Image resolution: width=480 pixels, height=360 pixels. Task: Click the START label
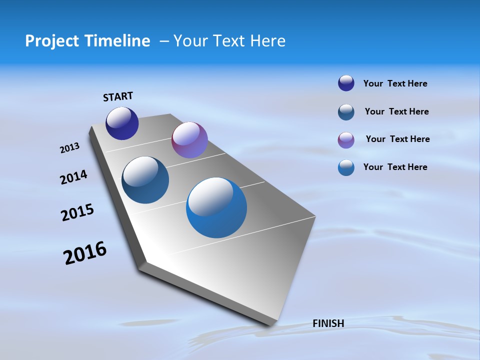click(x=118, y=96)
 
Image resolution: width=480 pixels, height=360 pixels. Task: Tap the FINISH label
click(x=328, y=323)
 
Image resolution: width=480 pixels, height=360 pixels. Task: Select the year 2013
click(x=69, y=148)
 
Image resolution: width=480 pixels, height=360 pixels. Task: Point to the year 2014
click(x=73, y=177)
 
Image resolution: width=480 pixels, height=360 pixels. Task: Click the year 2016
click(x=85, y=252)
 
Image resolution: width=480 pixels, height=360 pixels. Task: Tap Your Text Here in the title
click(x=229, y=41)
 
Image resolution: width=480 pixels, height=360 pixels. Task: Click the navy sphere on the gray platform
click(x=122, y=123)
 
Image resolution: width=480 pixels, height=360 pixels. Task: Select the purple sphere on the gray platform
click(x=189, y=140)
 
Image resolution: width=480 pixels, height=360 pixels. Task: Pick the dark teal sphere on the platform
click(x=145, y=180)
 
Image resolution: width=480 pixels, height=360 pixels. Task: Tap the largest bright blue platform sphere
click(x=216, y=207)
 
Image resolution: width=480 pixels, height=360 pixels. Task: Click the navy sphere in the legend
click(x=346, y=83)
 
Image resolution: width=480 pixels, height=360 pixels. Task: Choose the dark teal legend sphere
click(x=346, y=112)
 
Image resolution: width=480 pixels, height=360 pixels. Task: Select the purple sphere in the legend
click(x=346, y=140)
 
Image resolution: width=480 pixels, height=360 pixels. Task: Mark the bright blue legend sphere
click(x=346, y=167)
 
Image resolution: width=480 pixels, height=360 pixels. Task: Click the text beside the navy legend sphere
click(x=395, y=83)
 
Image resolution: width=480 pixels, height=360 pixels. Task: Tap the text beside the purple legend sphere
click(x=397, y=139)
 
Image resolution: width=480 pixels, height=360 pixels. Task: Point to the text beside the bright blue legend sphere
click(x=395, y=167)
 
